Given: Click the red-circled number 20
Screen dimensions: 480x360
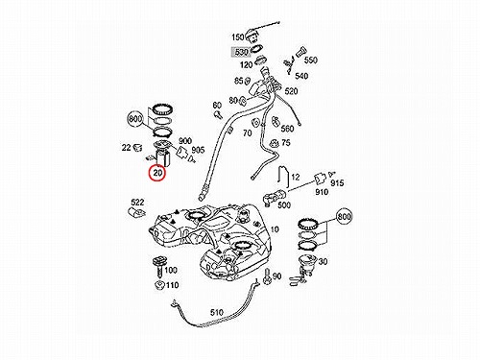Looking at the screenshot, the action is click(x=157, y=173).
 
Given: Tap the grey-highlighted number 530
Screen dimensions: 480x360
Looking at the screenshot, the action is click(x=241, y=52).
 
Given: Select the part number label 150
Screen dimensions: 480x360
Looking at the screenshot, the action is click(x=238, y=37).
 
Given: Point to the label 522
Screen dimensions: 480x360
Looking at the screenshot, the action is click(x=137, y=203).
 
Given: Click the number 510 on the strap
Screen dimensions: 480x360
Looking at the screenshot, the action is click(x=217, y=312).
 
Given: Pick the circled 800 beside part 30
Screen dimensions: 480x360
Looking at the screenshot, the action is click(x=344, y=217).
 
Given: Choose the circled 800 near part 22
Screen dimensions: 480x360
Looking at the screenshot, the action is click(x=135, y=119).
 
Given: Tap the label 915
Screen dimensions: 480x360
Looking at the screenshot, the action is click(x=337, y=183).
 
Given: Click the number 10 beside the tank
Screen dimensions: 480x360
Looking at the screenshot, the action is click(x=275, y=229).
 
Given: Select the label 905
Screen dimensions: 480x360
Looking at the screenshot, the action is click(x=198, y=150).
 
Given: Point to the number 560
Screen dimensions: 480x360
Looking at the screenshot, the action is click(x=287, y=129).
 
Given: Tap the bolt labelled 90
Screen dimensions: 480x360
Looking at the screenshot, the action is click(x=267, y=277).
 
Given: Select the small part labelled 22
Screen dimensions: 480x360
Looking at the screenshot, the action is click(x=137, y=148).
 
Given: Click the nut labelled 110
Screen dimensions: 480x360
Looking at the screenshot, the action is click(x=159, y=285).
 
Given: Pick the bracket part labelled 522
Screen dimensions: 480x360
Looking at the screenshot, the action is click(x=136, y=213).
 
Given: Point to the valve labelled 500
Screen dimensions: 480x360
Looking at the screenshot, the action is click(x=274, y=196).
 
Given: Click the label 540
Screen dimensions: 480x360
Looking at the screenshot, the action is click(x=301, y=76).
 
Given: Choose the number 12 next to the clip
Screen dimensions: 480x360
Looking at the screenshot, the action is click(x=296, y=177).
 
